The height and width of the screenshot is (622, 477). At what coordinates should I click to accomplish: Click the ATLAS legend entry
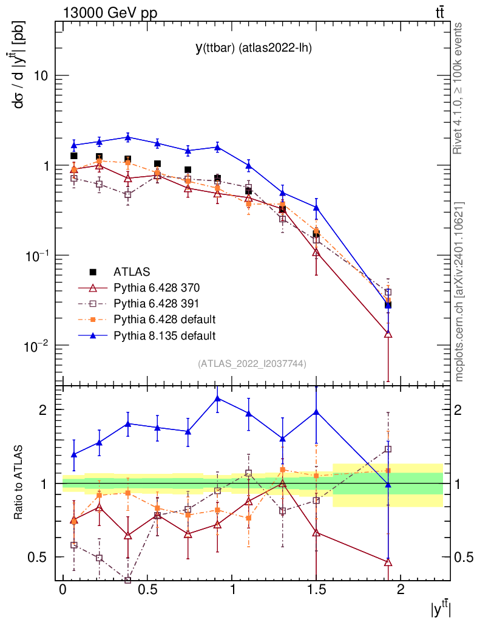tap(132, 272)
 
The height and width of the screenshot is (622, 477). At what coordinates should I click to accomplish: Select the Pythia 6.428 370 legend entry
tap(157, 287)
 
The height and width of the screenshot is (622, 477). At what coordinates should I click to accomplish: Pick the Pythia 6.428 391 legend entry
tap(157, 303)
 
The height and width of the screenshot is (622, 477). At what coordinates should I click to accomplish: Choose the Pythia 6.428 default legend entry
tap(164, 319)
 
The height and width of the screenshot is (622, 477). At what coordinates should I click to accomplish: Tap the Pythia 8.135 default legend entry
tap(164, 335)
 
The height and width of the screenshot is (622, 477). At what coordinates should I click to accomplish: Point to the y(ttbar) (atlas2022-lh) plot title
tap(253, 48)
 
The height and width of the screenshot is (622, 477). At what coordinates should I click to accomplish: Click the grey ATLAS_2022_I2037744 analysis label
tap(252, 364)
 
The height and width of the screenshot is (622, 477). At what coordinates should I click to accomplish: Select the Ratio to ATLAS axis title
tap(19, 483)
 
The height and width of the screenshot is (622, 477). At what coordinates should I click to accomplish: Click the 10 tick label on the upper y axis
tap(40, 76)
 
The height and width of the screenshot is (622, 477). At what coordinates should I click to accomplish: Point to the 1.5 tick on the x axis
tap(316, 591)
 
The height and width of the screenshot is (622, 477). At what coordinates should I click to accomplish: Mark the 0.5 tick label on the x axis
tap(147, 591)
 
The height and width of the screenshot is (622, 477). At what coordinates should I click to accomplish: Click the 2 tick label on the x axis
tap(400, 591)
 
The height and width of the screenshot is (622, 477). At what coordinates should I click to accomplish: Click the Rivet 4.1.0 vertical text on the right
tap(459, 88)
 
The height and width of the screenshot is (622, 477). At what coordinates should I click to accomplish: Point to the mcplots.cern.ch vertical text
tap(459, 292)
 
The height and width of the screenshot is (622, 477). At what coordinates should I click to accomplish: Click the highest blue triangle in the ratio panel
tap(217, 398)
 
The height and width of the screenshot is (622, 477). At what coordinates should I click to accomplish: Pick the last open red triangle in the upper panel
tap(388, 334)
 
